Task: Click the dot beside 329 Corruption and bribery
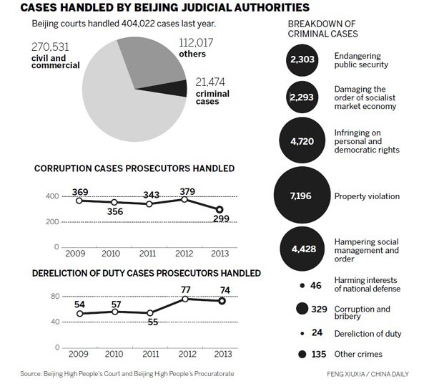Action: (x=302, y=309)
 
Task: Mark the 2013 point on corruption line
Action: (x=220, y=209)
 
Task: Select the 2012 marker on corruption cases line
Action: (x=185, y=199)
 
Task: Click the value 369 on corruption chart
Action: (x=79, y=191)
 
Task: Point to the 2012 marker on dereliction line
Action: (x=185, y=298)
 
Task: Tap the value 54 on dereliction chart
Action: (x=79, y=305)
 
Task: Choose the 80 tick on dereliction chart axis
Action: (x=54, y=295)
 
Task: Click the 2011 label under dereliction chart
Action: (x=149, y=353)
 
